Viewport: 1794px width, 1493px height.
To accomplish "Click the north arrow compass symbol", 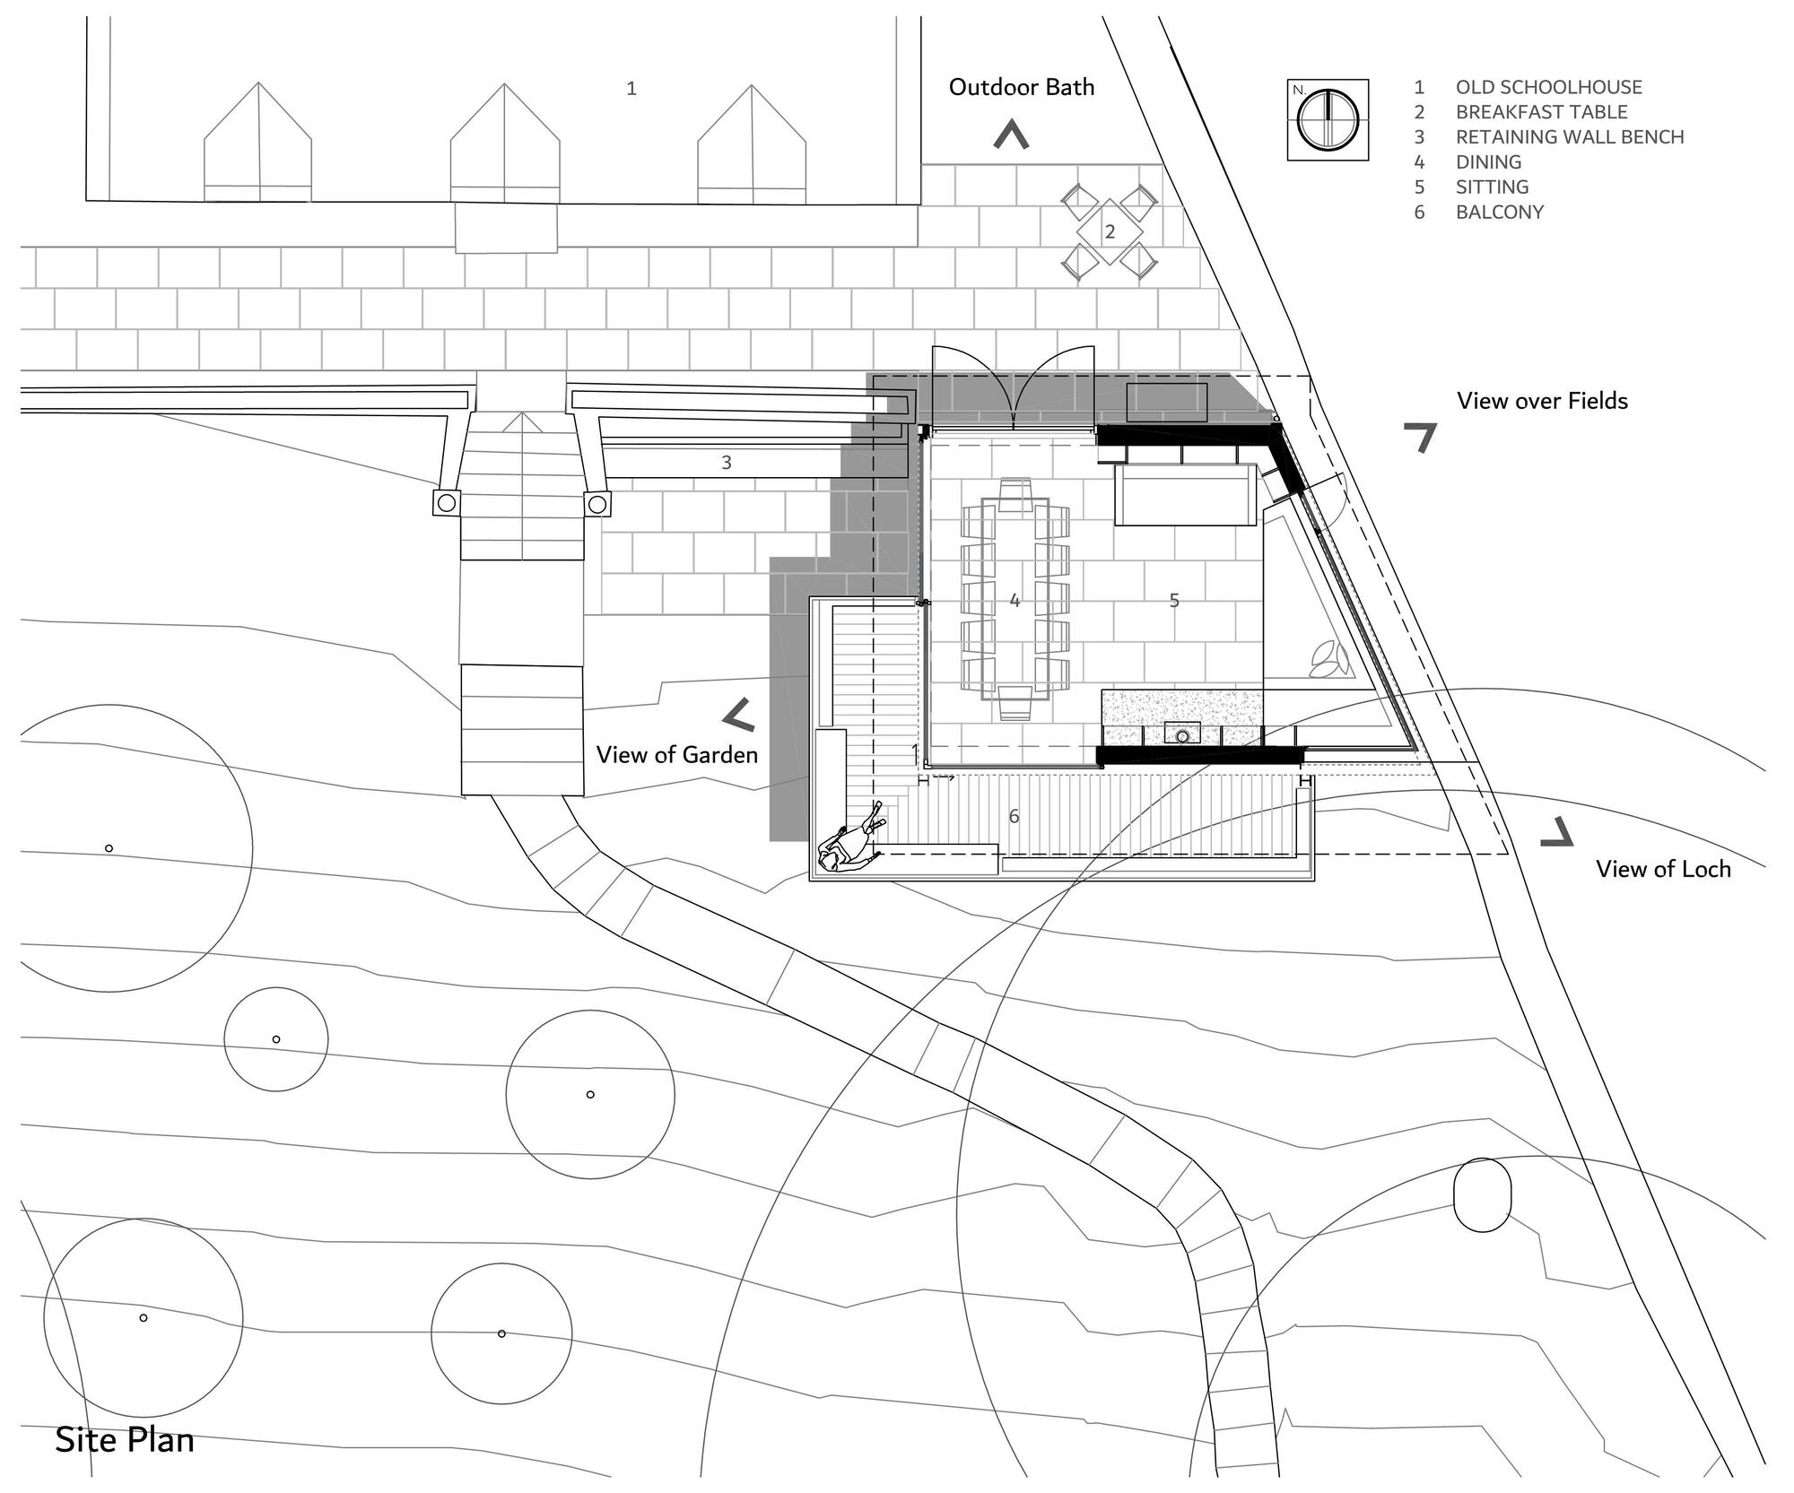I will coord(1328,119).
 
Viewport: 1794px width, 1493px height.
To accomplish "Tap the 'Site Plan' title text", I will coord(125,1439).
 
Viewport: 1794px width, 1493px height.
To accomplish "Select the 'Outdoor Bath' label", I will coord(1022,87).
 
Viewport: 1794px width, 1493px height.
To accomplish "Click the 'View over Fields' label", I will coord(1542,401).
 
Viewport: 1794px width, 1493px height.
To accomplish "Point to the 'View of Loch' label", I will coord(1663,868).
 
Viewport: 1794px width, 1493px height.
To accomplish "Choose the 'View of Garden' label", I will coord(677,754).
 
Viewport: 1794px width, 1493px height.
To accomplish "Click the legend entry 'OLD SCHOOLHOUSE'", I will coord(1548,87).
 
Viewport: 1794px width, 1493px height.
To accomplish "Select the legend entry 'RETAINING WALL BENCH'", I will coord(1569,137).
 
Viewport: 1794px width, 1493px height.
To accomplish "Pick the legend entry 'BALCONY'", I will coord(1499,213).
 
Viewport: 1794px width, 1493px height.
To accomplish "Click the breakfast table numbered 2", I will coord(1110,232).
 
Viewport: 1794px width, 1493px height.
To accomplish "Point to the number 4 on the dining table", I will coord(1015,600).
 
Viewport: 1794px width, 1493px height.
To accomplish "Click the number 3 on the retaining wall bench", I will coord(727,463).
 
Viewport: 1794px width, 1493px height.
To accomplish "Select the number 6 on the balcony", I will coord(1015,816).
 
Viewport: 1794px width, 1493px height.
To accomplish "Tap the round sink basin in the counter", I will coord(1183,736).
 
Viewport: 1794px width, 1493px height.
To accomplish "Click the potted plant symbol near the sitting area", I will coord(1328,660).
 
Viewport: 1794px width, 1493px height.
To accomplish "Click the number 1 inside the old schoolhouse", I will coord(631,88).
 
